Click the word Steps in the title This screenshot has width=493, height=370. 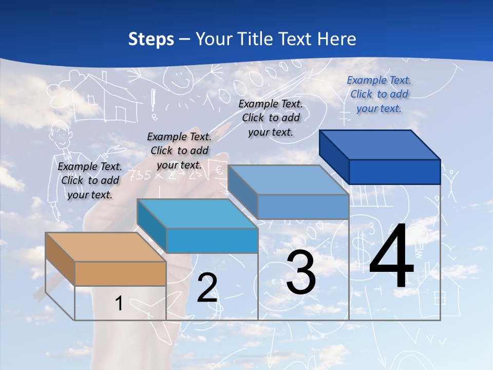click(x=151, y=39)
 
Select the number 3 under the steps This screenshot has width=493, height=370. click(x=301, y=273)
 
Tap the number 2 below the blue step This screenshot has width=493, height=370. click(x=207, y=288)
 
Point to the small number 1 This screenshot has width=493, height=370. click(x=119, y=303)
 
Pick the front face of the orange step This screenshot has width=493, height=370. click(x=120, y=273)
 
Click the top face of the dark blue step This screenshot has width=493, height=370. click(x=379, y=144)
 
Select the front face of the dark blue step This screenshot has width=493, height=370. click(x=394, y=172)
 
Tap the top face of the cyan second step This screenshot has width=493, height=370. click(x=197, y=214)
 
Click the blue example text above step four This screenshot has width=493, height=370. click(x=379, y=95)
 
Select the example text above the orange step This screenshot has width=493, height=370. click(x=90, y=180)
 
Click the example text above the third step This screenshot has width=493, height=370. click(x=271, y=118)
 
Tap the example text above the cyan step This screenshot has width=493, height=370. click(x=179, y=151)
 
